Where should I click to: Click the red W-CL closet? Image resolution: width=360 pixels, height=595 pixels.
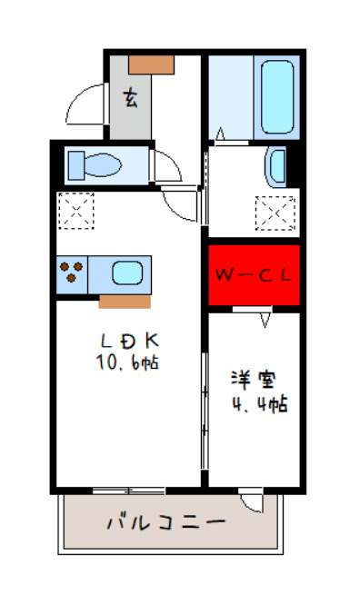coord(254,275)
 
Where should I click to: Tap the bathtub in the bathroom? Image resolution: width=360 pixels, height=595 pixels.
coord(276,96)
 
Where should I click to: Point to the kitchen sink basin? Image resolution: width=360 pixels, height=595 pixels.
coord(126,273)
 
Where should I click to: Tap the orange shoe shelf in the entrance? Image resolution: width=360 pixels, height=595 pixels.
coord(151,64)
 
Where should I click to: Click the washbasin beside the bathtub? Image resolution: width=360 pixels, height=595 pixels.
coord(276,166)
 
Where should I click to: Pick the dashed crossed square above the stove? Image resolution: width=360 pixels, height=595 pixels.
coord(75,210)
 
